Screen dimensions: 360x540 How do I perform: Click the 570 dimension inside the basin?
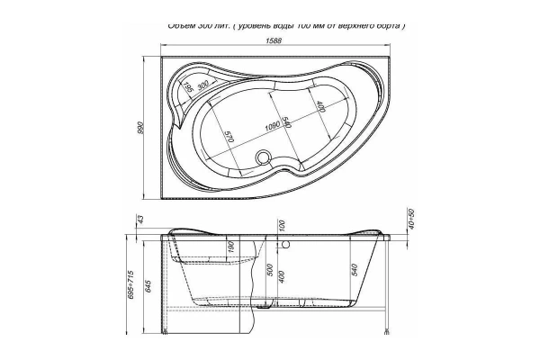(x=229, y=138)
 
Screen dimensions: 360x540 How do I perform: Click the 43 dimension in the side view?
(x=140, y=220)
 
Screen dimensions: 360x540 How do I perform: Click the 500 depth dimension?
(x=268, y=270)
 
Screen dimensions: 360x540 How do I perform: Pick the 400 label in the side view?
(x=282, y=276)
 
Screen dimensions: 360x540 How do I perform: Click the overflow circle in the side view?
(x=286, y=243)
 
